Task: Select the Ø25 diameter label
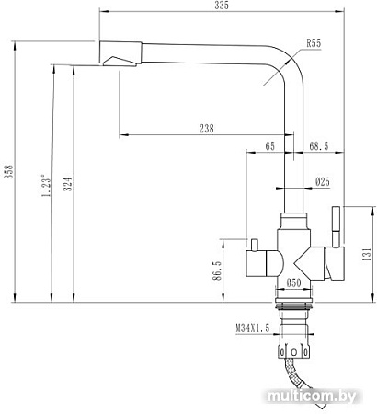click(321, 181)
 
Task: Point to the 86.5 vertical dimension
click(217, 274)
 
